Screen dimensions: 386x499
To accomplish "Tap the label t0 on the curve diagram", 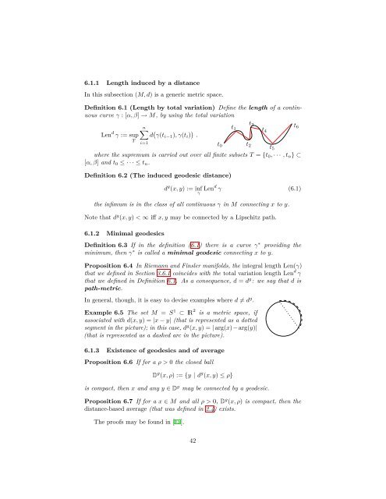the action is (221, 144).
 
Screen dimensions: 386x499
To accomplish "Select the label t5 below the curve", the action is (271, 147).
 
